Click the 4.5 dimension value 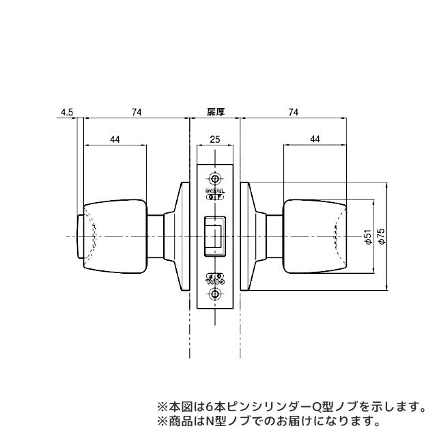pos(67,112)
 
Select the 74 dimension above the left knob pos(137,112)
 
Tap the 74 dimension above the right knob pos(293,112)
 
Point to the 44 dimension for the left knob pos(115,139)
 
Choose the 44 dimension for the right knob pos(315,139)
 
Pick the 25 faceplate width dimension pos(215,139)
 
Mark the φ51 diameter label pos(367,237)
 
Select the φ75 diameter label pos(382,237)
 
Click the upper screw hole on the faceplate pos(216,175)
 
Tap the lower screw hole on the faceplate pos(216,294)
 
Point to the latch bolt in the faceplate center pos(214,236)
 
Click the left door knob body pos(115,236)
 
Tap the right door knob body pos(315,236)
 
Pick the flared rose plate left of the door pos(182,236)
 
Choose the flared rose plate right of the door pos(249,236)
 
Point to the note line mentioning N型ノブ pos(268,420)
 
